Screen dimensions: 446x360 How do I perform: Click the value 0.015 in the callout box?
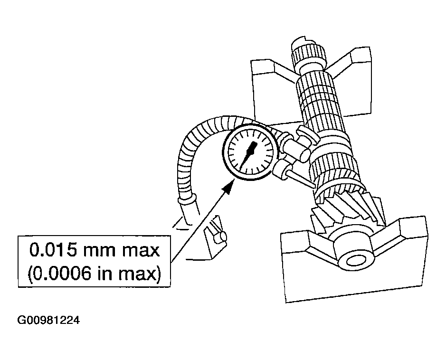(53, 250)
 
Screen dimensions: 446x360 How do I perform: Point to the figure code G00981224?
(48, 320)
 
